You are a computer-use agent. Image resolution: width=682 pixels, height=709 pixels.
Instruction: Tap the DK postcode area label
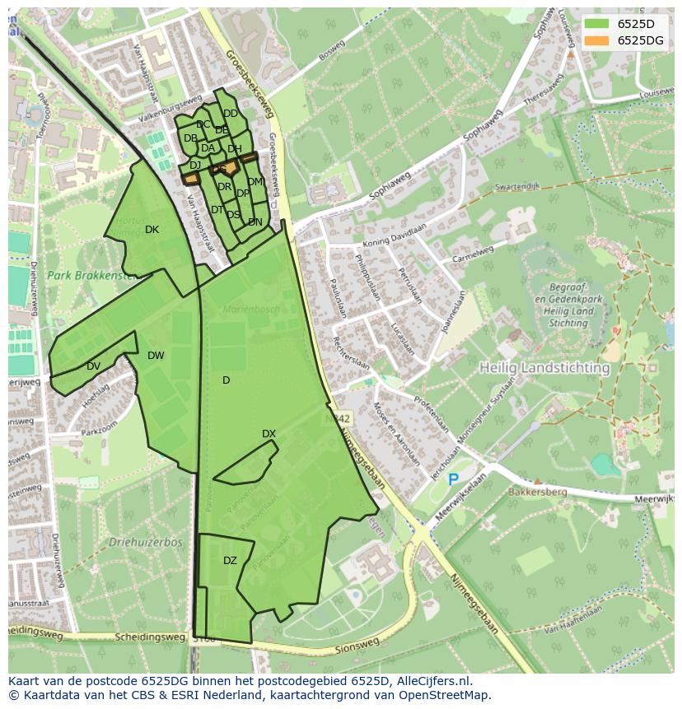pos(152,230)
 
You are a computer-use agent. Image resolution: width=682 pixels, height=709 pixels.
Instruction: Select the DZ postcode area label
pos(230,561)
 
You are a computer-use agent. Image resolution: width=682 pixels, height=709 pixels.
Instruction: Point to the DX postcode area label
pos(269,434)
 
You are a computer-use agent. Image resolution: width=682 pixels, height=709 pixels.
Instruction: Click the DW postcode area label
pos(156,356)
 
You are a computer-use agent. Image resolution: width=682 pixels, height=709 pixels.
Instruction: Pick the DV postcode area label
pos(93,366)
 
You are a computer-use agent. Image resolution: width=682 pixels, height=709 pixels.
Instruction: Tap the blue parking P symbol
pos(452,479)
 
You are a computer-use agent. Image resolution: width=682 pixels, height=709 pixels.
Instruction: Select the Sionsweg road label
pos(357,647)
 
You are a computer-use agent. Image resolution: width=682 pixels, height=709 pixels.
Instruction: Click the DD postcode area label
pos(231,114)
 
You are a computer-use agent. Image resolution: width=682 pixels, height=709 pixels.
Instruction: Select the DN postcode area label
pos(255,222)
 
